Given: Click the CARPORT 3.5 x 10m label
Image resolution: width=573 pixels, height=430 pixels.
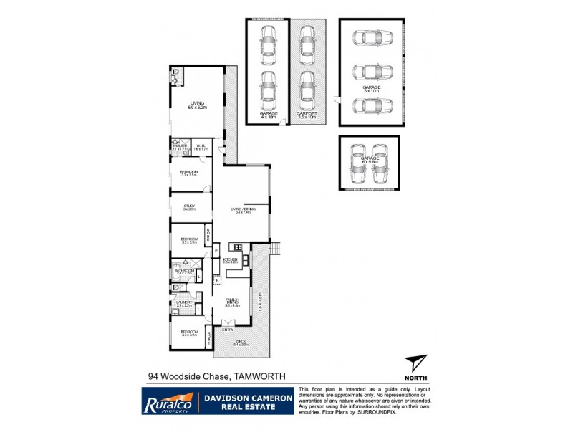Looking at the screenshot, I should pyautogui.click(x=307, y=115).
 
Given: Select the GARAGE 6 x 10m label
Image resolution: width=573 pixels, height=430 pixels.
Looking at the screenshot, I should pyautogui.click(x=371, y=89).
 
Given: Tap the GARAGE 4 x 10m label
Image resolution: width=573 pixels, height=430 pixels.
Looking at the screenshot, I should pyautogui.click(x=268, y=115).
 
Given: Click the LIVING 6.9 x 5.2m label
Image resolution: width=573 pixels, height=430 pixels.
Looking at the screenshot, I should pyautogui.click(x=197, y=105).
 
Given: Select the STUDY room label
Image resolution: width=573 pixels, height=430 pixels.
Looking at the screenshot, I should pyautogui.click(x=189, y=207).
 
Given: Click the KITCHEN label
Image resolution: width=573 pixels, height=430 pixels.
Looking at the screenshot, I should pyautogui.click(x=230, y=261).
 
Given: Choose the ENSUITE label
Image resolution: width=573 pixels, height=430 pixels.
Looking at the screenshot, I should pyautogui.click(x=179, y=147).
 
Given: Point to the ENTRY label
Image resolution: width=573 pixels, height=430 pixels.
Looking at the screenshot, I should pyautogui.click(x=227, y=330).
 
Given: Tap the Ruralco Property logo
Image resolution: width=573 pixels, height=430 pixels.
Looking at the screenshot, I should pyautogui.click(x=166, y=401).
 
